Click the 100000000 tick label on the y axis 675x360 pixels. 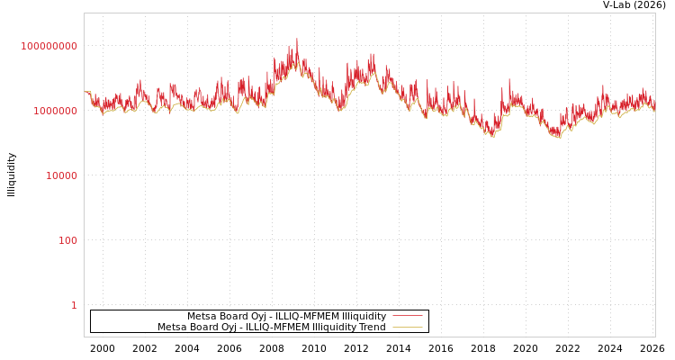click(49, 46)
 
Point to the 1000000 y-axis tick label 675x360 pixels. click(55, 111)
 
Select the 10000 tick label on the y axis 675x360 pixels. click(61, 175)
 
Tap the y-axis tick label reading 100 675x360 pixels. click(68, 240)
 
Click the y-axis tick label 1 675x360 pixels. click(74, 305)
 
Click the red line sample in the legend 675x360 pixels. click(407, 316)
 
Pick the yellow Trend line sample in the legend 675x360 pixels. click(407, 327)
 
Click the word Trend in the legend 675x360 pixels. click(371, 327)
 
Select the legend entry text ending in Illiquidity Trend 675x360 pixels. click(271, 327)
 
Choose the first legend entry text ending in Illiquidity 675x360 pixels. click(286, 316)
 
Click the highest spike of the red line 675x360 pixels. click(297, 40)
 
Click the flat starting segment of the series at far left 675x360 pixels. click(87, 92)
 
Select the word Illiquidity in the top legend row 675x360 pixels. click(361, 316)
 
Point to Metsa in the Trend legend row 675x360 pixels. click(171, 327)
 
